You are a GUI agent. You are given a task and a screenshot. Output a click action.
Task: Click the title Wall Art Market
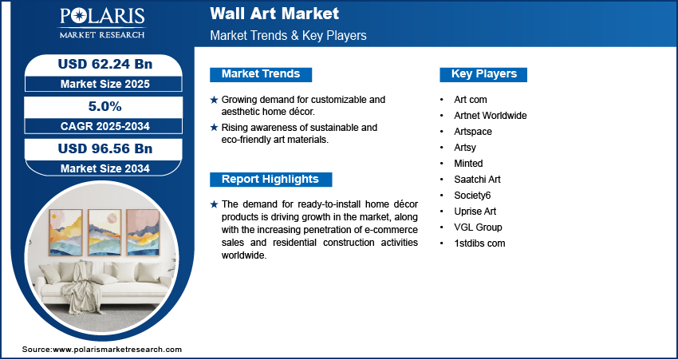(x=274, y=14)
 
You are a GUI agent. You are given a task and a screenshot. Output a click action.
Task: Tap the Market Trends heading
(x=261, y=74)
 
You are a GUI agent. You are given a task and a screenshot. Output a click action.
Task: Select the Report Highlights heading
(x=270, y=179)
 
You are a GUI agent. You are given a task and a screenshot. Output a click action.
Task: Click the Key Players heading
(x=483, y=74)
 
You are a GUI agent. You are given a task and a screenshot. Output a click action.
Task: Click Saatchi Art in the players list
(x=477, y=179)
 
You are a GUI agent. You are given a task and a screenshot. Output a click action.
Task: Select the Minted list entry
(x=468, y=163)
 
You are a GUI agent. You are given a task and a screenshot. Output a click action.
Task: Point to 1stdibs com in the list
(x=479, y=243)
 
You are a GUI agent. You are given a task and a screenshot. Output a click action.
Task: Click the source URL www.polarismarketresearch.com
(x=117, y=350)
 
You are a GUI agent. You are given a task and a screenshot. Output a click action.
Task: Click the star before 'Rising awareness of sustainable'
(x=214, y=128)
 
